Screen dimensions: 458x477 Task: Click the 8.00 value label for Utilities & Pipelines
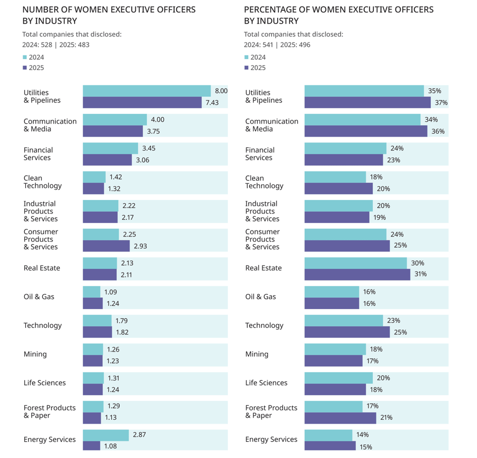point(221,91)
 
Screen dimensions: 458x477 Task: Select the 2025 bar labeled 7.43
point(142,102)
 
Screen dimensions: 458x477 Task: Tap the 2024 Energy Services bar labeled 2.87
point(105,435)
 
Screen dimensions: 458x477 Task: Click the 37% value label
point(441,103)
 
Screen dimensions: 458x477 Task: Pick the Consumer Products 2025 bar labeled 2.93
point(106,246)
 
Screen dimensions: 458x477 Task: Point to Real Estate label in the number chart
point(42,268)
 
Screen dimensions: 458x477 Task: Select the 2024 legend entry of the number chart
point(33,58)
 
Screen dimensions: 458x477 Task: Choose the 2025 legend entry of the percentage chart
point(255,68)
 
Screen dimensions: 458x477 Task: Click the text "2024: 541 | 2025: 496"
point(277,45)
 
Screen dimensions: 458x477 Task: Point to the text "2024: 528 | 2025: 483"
point(55,45)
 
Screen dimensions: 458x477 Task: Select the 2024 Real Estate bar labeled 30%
point(355,263)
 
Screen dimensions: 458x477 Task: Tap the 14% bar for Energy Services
point(328,435)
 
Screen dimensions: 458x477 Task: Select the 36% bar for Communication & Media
point(365,131)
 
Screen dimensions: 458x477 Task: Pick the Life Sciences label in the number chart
point(45,383)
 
